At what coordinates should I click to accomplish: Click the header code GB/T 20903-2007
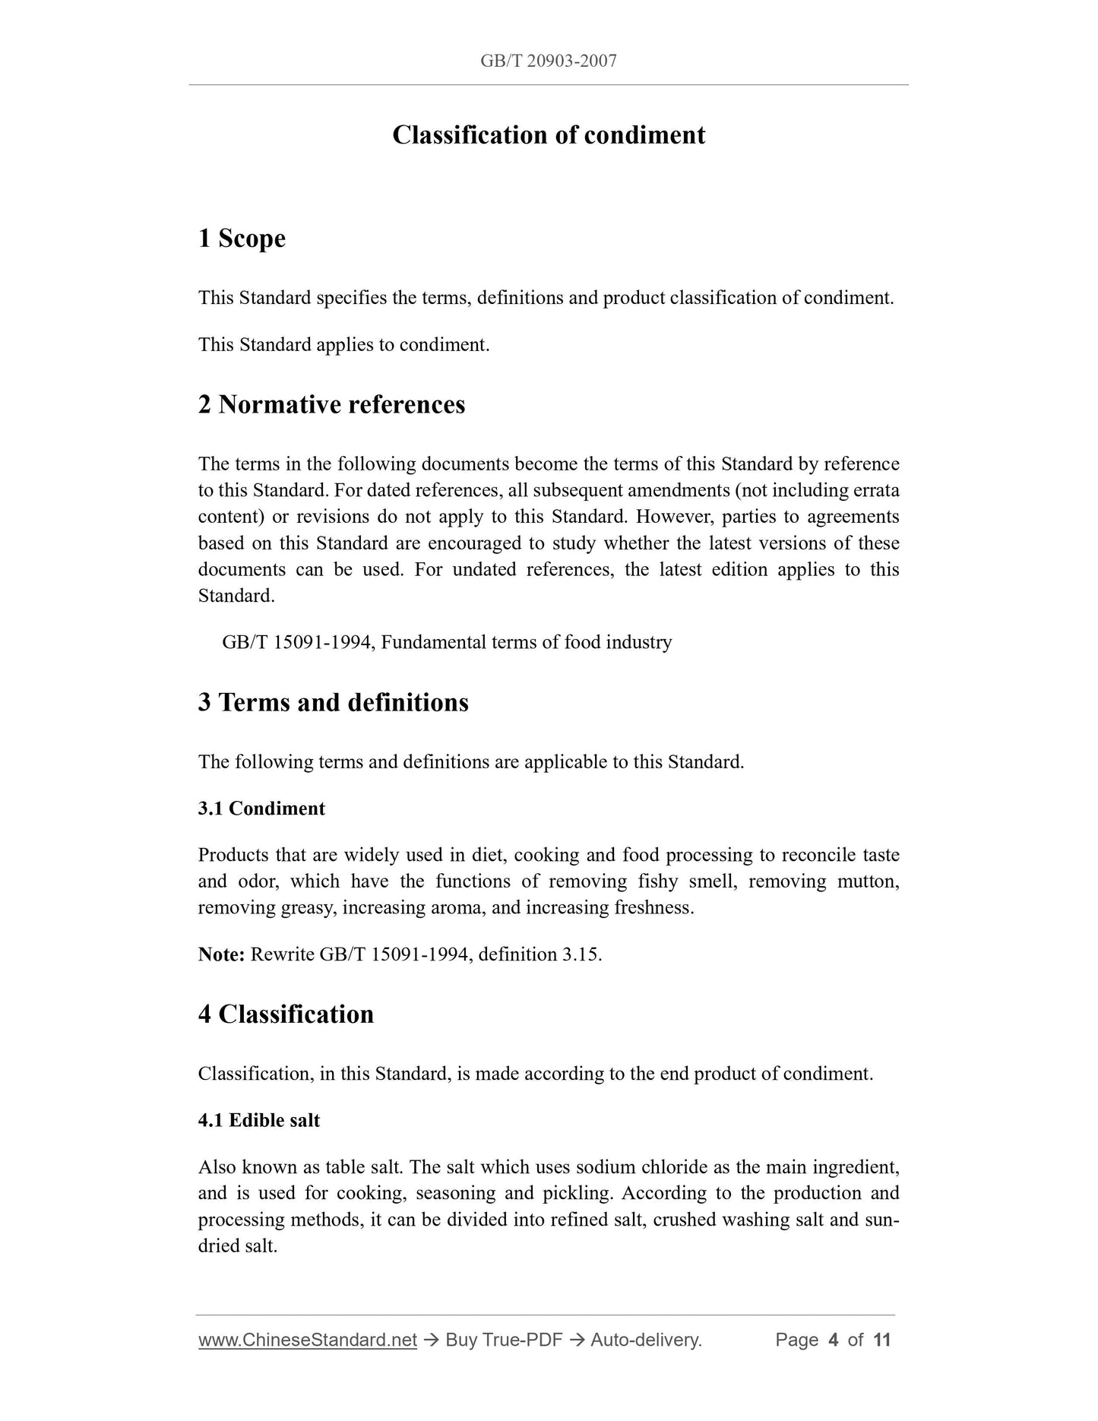pos(549,61)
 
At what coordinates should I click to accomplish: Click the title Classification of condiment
pos(549,135)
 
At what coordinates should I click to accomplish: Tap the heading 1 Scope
pos(242,239)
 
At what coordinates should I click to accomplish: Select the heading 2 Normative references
pos(331,404)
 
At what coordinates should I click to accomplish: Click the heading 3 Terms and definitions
pos(333,702)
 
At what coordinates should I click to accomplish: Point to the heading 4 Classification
pos(286,1014)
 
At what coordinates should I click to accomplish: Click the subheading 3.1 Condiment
pos(261,809)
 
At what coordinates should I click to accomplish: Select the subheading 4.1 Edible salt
pos(259,1121)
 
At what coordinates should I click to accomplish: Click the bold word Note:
pos(221,954)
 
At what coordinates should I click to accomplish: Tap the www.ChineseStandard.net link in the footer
pos(308,1340)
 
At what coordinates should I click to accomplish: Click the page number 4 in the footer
pos(834,1340)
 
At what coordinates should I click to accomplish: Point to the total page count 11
pos(881,1340)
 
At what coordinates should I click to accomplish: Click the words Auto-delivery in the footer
pos(646,1340)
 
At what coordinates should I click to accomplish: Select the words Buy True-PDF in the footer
pos(504,1340)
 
